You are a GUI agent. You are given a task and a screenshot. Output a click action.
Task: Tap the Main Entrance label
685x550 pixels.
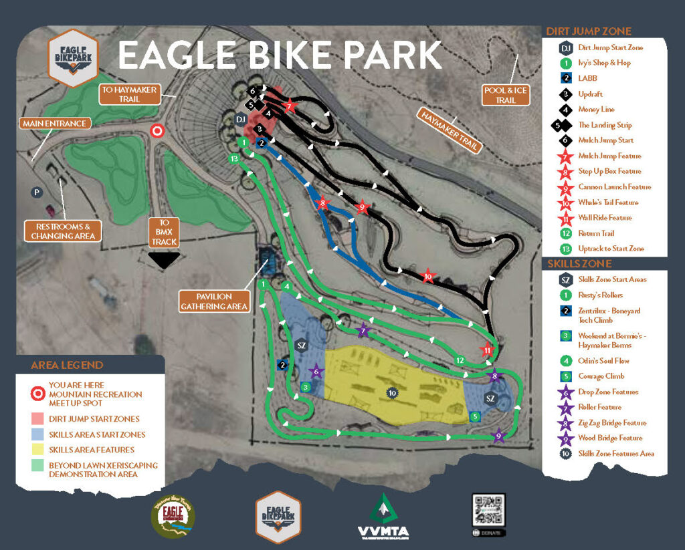point(54,124)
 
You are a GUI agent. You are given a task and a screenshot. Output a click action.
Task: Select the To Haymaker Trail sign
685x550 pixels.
point(130,94)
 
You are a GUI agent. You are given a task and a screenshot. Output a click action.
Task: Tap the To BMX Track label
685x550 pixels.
point(164,232)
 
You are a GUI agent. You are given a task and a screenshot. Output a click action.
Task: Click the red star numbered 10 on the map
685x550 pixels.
point(428,276)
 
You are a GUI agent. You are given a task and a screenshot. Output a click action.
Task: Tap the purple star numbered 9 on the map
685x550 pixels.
point(498,437)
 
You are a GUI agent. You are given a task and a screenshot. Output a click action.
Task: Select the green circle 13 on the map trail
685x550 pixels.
point(233,159)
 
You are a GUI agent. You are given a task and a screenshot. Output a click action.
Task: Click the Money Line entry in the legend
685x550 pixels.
point(595,110)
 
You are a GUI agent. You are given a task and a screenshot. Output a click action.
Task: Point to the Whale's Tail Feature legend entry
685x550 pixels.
point(607,202)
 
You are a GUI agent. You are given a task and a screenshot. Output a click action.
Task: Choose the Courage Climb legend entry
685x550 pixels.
point(600,376)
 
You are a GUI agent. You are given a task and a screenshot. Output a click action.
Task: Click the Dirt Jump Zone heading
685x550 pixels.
point(588,31)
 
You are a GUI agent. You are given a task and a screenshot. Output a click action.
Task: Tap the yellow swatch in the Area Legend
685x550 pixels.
point(38,450)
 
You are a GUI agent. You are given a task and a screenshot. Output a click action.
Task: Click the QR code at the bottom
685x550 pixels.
point(488,512)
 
